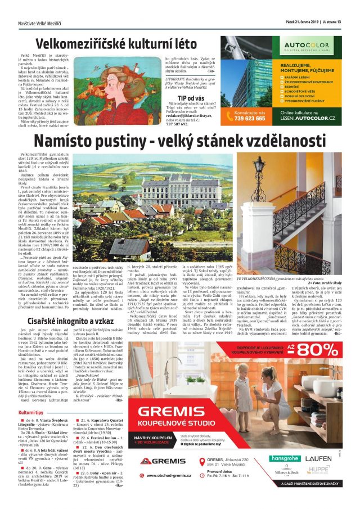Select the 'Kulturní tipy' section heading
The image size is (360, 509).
point(35,413)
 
